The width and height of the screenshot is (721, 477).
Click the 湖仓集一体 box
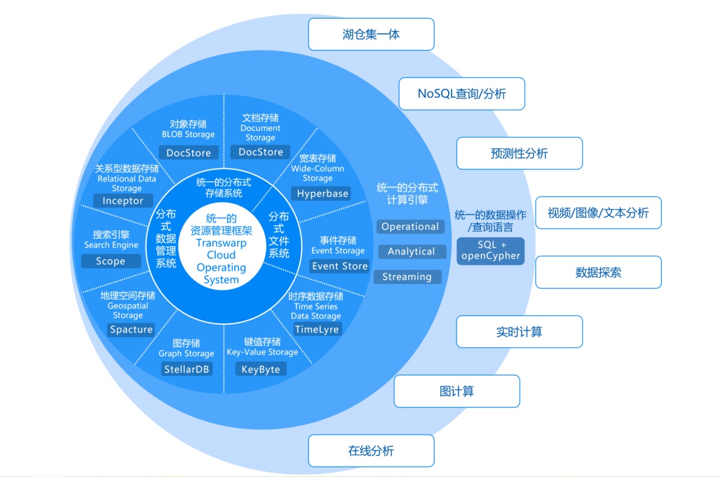371,34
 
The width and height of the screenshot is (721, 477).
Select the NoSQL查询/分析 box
461,94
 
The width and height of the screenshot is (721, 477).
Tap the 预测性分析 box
519,153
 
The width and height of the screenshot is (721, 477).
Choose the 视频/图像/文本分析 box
598,212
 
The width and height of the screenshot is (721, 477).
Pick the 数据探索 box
598,272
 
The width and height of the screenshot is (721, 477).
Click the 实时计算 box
519,332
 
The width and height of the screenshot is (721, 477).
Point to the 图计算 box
457,391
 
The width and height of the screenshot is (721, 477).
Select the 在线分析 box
371,450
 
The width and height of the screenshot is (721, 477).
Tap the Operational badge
410,227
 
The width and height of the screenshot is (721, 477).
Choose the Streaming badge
407,277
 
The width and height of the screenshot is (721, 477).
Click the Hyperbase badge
322,194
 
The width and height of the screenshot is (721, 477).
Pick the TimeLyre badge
317,329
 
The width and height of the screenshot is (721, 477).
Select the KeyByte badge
261,369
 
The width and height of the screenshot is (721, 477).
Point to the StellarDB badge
187,369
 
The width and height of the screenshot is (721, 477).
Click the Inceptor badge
123,201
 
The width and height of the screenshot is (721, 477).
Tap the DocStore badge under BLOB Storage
188,153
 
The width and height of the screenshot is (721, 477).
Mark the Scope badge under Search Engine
111,261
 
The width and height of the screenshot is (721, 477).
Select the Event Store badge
339,266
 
